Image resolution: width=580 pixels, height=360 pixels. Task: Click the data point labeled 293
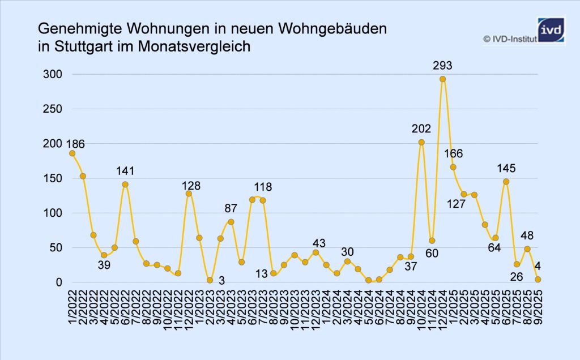pyautogui.click(x=442, y=79)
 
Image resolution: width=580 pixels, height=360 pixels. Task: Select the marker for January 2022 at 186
pyautogui.click(x=72, y=153)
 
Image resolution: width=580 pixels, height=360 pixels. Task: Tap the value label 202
pyautogui.click(x=421, y=129)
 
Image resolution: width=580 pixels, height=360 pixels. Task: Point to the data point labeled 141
pyautogui.click(x=125, y=185)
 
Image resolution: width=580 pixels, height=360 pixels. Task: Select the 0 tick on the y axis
pyautogui.click(x=58, y=282)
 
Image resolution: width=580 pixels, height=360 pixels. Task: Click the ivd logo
pyautogui.click(x=551, y=29)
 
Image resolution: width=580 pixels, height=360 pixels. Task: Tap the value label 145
pyautogui.click(x=506, y=168)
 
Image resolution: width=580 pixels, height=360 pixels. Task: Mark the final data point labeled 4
pyautogui.click(x=538, y=280)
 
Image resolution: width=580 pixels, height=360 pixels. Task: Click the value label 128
pyautogui.click(x=191, y=186)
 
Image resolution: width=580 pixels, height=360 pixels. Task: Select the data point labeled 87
pyautogui.click(x=231, y=222)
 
